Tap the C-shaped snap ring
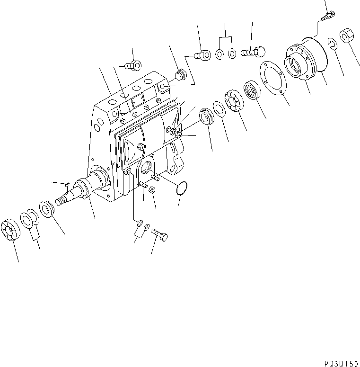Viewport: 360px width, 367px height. pos(333,45)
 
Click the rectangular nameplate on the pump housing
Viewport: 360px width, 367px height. pos(138,100)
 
